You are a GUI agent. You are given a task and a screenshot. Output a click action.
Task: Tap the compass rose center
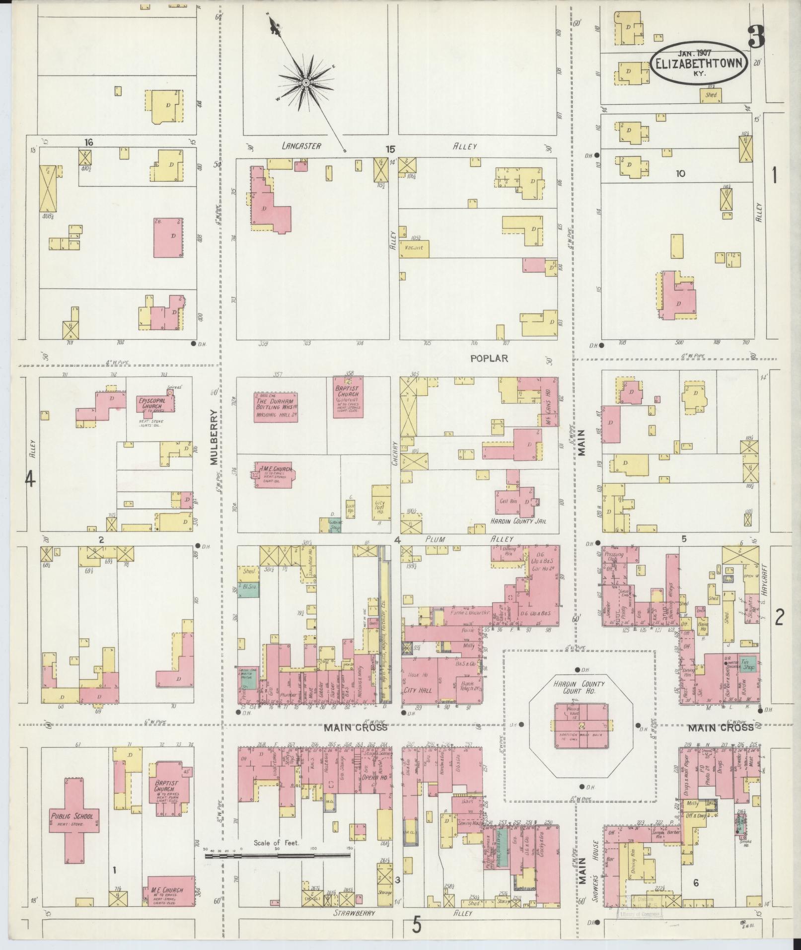click(x=306, y=82)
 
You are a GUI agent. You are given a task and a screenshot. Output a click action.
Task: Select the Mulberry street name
click(x=214, y=437)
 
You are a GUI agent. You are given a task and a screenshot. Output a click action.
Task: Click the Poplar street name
click(x=489, y=358)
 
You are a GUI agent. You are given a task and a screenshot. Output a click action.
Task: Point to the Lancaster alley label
click(x=301, y=146)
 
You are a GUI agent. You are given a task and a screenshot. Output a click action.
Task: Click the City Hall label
click(x=418, y=690)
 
